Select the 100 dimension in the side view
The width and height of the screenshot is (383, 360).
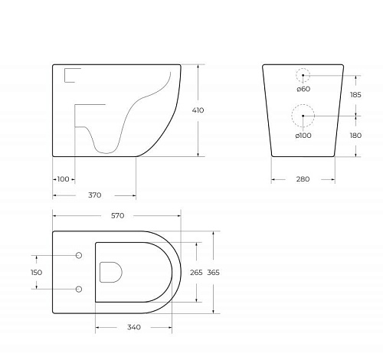(63, 179)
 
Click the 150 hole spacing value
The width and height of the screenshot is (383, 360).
(36, 272)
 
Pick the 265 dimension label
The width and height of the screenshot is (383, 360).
(196, 272)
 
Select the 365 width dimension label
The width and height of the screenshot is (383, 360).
(214, 272)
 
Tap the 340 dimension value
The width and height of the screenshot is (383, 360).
(133, 328)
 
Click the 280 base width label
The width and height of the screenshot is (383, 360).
(303, 179)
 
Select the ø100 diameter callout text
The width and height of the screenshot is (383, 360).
(302, 135)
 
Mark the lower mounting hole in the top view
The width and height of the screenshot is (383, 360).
(79, 288)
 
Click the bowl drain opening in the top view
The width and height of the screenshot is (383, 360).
(112, 271)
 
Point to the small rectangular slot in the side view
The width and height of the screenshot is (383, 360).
(71, 74)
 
